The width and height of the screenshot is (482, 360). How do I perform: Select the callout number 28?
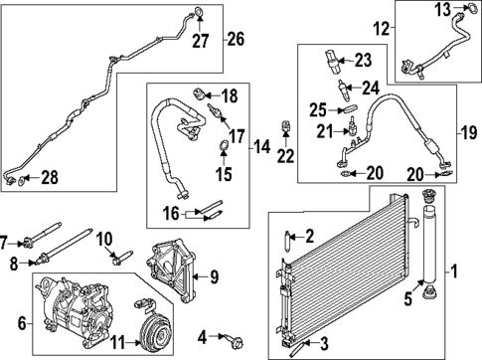tap(48, 177)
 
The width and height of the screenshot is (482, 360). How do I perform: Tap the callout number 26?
tap(236, 40)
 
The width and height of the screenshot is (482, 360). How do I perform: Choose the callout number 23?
tap(362, 59)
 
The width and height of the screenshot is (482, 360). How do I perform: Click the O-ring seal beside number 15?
tap(223, 150)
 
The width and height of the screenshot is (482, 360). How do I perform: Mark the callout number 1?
tap(455, 270)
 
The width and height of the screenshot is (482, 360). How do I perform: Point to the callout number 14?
tap(262, 148)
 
